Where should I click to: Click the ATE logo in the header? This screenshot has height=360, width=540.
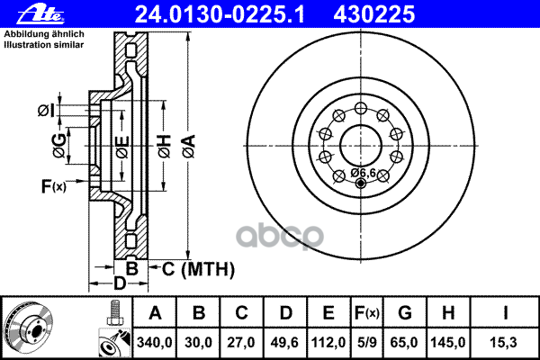pyautogui.click(x=40, y=14)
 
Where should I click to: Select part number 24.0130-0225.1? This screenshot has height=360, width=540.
pyautogui.click(x=220, y=14)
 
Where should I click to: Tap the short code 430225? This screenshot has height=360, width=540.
pyautogui.click(x=374, y=14)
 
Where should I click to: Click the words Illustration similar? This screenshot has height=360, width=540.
pyautogui.click(x=44, y=45)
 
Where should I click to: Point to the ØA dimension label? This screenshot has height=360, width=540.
pyautogui.click(x=189, y=147)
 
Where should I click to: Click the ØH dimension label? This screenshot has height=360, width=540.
pyautogui.click(x=165, y=147)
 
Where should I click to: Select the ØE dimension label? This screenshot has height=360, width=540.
pyautogui.click(x=122, y=148)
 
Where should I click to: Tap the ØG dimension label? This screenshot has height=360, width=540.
pyautogui.click(x=59, y=145)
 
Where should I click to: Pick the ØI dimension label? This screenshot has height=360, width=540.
pyautogui.click(x=46, y=111)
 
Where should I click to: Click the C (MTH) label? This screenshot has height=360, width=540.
pyautogui.click(x=198, y=269)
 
